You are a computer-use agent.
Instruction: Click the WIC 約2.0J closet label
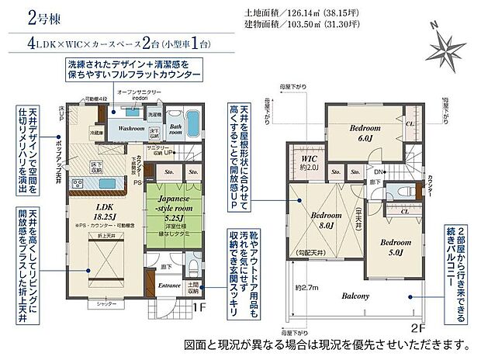click(x=310, y=163)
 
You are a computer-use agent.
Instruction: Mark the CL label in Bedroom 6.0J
click(x=409, y=123)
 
